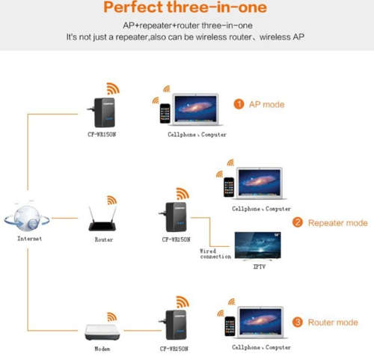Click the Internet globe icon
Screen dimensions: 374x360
tap(27, 217)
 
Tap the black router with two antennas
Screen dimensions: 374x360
tap(102, 219)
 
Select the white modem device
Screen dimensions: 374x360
tap(102, 332)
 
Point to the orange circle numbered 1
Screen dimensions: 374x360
tap(239, 104)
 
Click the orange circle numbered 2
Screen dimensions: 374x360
tap(298, 222)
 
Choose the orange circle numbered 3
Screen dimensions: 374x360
tap(298, 322)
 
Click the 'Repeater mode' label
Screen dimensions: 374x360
tap(338, 223)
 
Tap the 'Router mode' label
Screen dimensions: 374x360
tap(333, 323)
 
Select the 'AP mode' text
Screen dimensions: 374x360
tap(266, 104)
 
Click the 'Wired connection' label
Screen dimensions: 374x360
tap(215, 254)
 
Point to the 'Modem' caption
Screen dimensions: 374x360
tap(102, 349)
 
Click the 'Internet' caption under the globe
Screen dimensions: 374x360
tap(29, 239)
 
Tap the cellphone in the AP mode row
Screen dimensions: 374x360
tap(165, 114)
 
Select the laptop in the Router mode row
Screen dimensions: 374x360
tap(261, 323)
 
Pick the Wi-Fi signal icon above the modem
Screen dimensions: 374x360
tap(112, 317)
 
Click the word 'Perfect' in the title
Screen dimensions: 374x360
tap(133, 7)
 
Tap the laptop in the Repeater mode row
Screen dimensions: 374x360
tap(260, 183)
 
